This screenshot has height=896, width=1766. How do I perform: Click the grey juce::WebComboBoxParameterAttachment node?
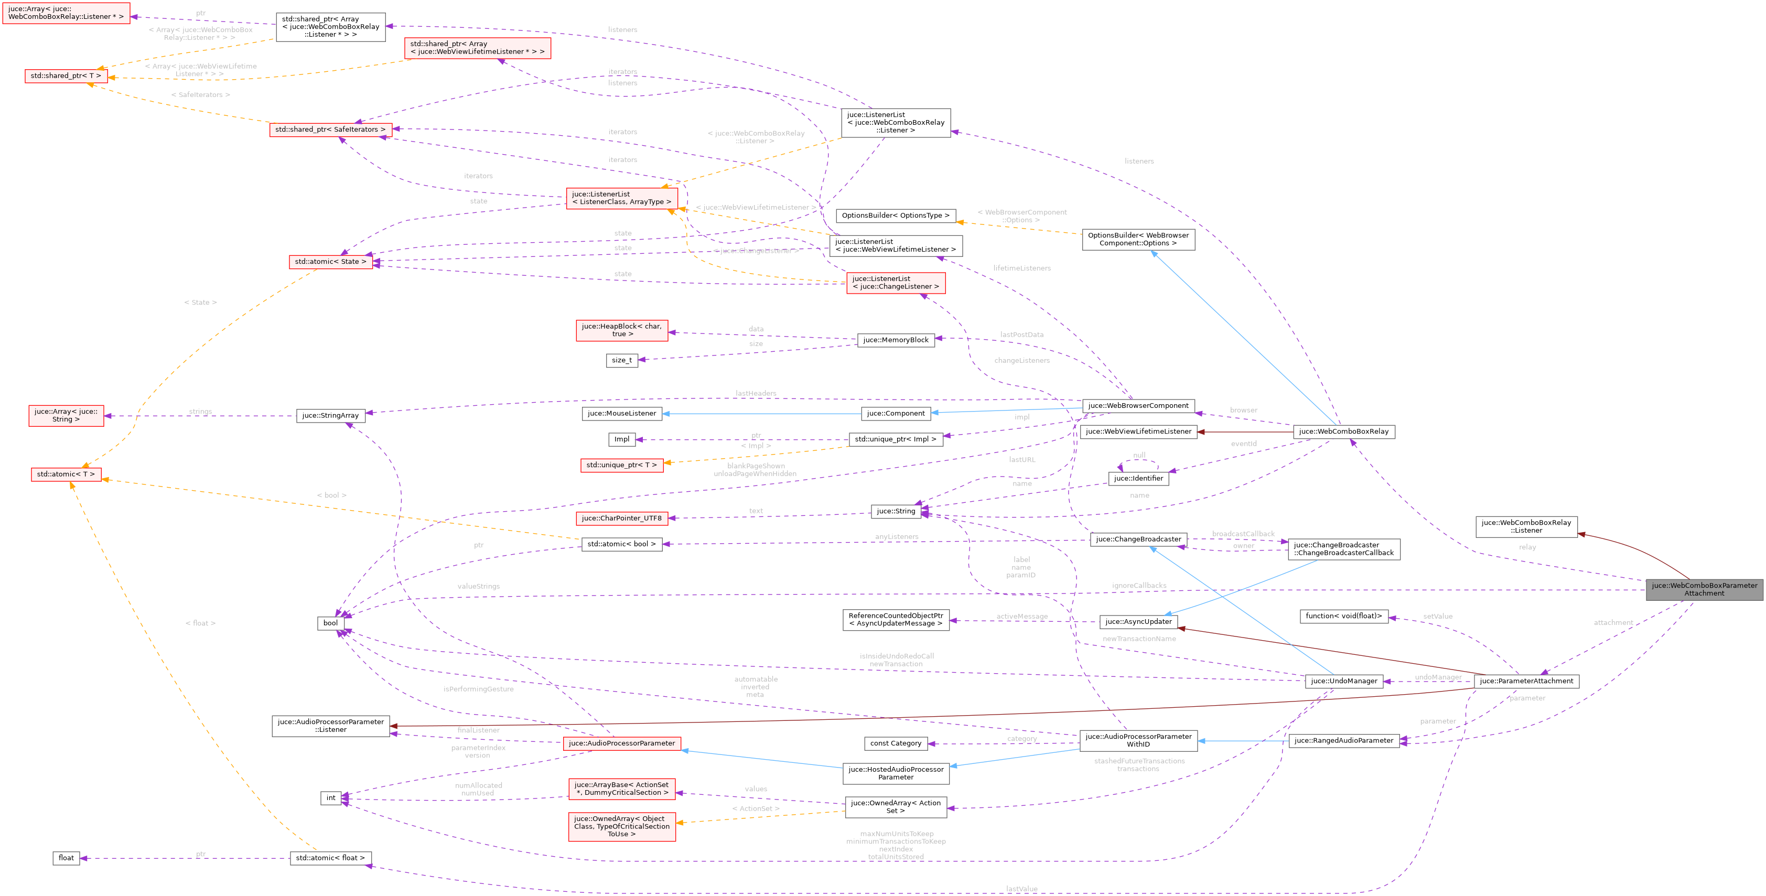[1704, 589]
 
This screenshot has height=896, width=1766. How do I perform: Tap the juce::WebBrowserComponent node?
[1137, 405]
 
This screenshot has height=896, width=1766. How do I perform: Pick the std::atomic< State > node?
[330, 261]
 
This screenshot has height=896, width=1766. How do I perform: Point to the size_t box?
[622, 360]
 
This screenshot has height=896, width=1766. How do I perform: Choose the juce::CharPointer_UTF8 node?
[621, 519]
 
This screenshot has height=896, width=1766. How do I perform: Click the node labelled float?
[66, 858]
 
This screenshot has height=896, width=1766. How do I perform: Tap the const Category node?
[896, 743]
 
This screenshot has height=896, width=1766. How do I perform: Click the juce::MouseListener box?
[621, 413]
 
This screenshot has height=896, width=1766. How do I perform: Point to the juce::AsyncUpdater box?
[1138, 621]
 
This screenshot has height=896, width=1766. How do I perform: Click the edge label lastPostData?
[1021, 334]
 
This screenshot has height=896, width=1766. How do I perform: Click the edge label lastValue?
[1021, 889]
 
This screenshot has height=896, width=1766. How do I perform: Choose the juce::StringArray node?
[330, 415]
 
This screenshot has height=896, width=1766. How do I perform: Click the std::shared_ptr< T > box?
[66, 75]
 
